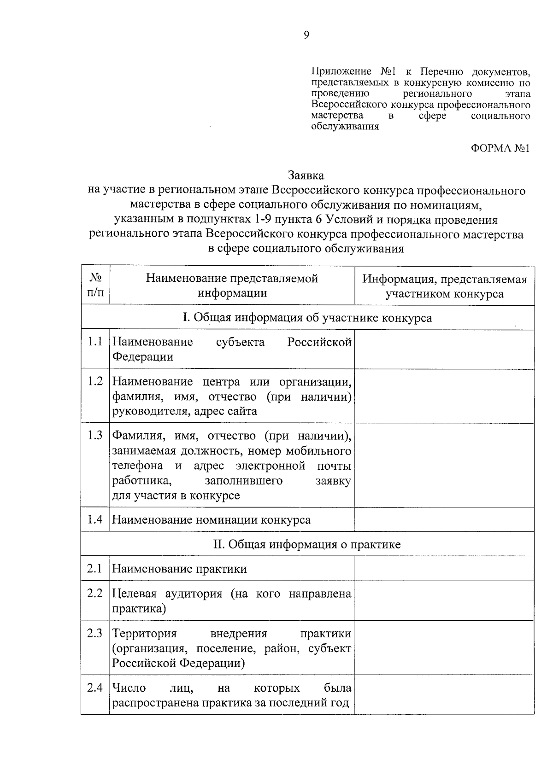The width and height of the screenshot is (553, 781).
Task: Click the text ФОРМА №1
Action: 500,148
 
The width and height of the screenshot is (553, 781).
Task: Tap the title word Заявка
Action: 306,175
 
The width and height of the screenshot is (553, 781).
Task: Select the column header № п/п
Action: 95,286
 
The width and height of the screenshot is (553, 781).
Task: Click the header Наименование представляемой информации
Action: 232,286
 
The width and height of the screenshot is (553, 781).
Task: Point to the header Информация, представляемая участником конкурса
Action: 444,286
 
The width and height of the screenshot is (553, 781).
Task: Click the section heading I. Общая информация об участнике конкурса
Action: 307,318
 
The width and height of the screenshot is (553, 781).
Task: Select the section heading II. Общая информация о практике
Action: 307,544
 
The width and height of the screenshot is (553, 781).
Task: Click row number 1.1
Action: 95,342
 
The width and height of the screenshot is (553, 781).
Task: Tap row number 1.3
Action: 95,436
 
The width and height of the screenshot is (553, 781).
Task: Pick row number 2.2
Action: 95,594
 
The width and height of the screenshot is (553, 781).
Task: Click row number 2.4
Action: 95,688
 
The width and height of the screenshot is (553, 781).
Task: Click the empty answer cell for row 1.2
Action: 444,396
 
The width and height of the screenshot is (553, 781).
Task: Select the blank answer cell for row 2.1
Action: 444,569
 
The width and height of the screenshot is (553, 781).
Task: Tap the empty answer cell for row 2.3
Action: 444,648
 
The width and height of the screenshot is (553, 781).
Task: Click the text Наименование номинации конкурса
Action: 212,520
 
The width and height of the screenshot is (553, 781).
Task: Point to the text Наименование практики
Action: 180,569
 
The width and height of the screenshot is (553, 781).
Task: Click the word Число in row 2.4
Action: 129,688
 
